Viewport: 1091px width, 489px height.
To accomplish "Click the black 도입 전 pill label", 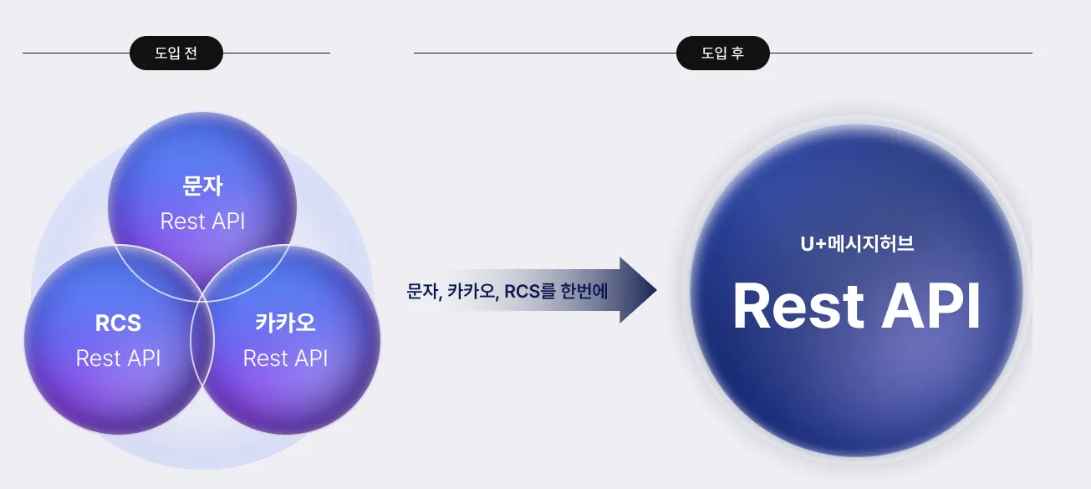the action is tap(176, 53).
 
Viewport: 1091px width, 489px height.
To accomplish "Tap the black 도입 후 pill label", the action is tap(723, 53).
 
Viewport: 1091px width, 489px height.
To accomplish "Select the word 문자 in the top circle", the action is tap(202, 186).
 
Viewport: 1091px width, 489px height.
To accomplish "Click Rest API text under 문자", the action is tap(202, 222).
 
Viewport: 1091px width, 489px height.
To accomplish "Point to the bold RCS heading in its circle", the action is tap(119, 323).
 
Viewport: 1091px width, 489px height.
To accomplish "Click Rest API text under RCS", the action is tap(119, 359).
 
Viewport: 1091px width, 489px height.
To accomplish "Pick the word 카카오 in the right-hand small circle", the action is tap(285, 323).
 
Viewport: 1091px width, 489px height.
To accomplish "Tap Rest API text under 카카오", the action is tap(285, 359).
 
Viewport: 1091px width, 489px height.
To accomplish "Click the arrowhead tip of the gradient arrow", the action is tap(656, 290).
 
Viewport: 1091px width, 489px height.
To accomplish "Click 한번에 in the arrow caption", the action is tap(584, 291).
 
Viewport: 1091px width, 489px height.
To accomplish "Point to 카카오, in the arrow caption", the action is tap(473, 291).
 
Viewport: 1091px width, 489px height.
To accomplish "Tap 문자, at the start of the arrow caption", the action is tap(424, 291).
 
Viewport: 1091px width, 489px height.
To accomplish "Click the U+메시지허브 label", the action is tap(857, 243).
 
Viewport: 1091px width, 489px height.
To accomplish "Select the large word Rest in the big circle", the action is tap(798, 307).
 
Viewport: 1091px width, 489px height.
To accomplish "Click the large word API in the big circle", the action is tap(931, 307).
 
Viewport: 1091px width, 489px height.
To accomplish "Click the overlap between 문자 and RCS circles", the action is tap(155, 269).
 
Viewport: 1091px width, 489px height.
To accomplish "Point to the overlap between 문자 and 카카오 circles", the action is tap(247, 269).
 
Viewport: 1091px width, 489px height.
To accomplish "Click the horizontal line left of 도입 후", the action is tap(545, 53).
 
